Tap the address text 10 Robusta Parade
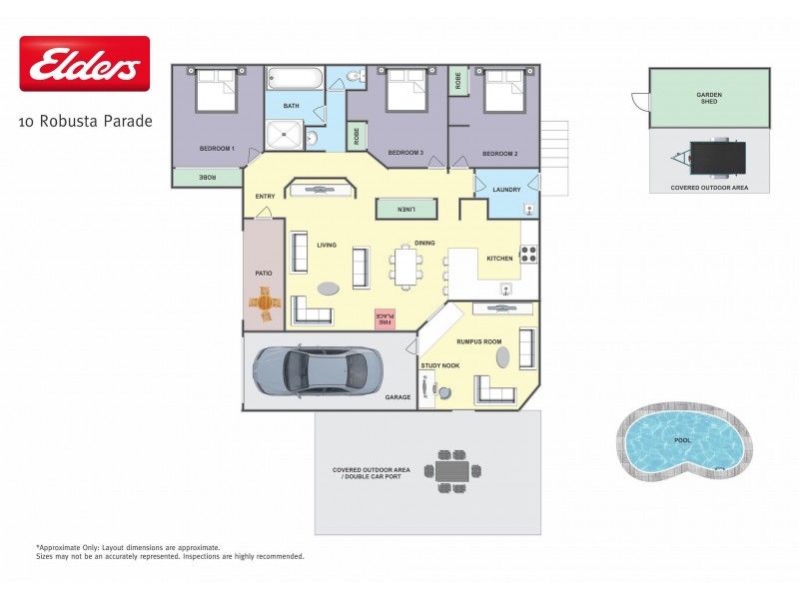pos(85,122)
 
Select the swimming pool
pos(681,439)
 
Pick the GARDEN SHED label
pos(709,97)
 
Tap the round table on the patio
pos(265,301)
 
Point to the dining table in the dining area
pos(407,268)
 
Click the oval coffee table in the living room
pos(328,289)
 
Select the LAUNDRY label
pos(506,189)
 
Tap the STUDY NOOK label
pos(439,366)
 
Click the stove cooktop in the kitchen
pos(529,255)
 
